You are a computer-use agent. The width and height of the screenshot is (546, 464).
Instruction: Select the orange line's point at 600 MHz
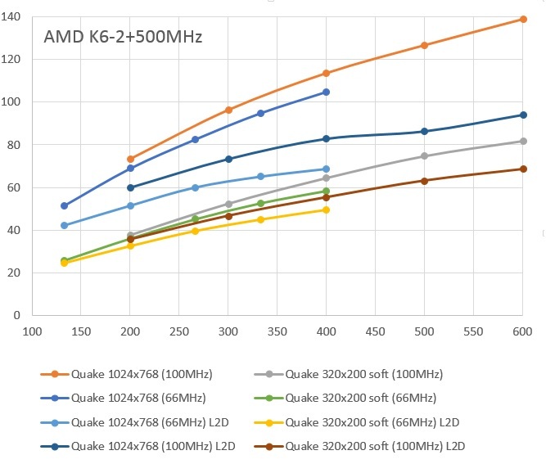(523, 19)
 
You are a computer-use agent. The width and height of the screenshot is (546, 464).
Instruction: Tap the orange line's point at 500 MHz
(424, 45)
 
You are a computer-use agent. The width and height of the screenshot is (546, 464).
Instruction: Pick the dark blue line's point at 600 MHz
(523, 115)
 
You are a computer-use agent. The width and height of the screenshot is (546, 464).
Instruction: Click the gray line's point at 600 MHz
(523, 141)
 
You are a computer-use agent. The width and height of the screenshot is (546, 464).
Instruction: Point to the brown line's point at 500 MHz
(424, 180)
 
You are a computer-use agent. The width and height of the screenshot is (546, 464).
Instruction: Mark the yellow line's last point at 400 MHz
(327, 209)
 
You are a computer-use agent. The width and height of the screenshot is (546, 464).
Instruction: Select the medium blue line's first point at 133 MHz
(65, 205)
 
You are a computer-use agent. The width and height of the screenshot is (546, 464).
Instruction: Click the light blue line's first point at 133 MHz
(65, 225)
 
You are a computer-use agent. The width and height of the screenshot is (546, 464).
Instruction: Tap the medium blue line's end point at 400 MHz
(327, 92)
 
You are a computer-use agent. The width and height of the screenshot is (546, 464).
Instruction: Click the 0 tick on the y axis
(19, 315)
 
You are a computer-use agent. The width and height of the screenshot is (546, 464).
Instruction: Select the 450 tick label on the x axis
(376, 332)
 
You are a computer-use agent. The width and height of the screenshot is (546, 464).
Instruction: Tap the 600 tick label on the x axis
(523, 332)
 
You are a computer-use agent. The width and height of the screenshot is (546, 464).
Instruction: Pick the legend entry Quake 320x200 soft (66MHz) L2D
(372, 422)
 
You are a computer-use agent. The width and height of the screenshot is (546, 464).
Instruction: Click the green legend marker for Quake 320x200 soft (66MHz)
(269, 399)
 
